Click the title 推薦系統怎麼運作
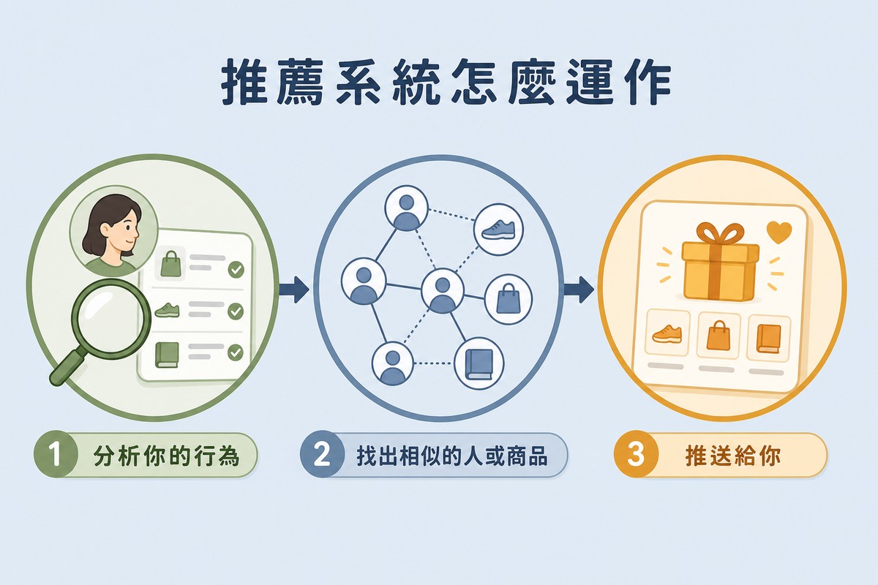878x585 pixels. [x=446, y=82]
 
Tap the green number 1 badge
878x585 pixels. [x=56, y=455]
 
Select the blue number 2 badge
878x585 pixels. [x=322, y=455]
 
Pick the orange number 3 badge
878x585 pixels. [x=635, y=455]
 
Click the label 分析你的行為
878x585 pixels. [x=166, y=456]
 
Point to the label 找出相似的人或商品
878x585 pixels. [x=452, y=456]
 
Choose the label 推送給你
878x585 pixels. [x=732, y=456]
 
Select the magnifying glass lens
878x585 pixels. [x=111, y=319]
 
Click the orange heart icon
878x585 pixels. [x=779, y=232]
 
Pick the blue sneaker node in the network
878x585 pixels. [x=498, y=229]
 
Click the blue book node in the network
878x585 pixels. [x=479, y=363]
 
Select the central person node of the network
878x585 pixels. [x=443, y=290]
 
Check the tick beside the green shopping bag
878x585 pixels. [x=236, y=270]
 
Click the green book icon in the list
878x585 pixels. [x=168, y=355]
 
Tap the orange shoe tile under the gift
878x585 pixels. [x=667, y=333]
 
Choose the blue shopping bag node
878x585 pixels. [x=509, y=299]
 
